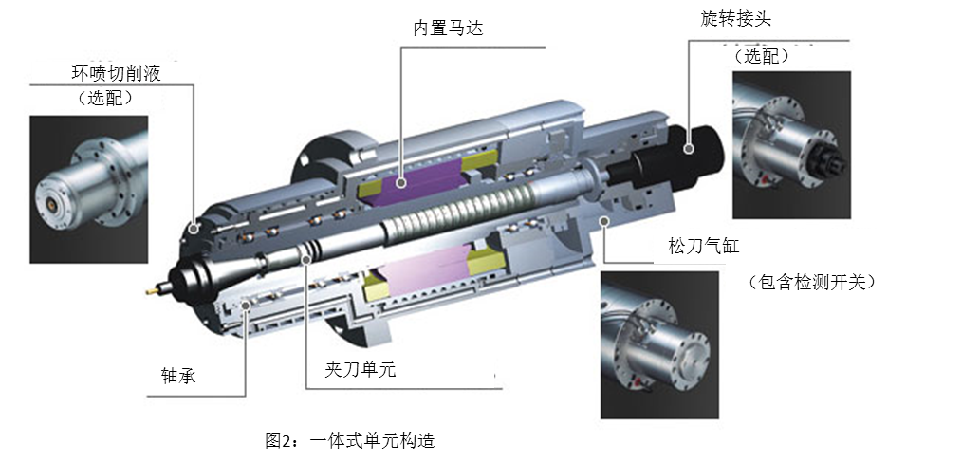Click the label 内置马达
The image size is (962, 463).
448,28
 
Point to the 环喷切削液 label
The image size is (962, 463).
117,73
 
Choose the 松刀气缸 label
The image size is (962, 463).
703,247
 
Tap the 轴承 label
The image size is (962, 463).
177,376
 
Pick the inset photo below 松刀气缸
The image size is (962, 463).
659,344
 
